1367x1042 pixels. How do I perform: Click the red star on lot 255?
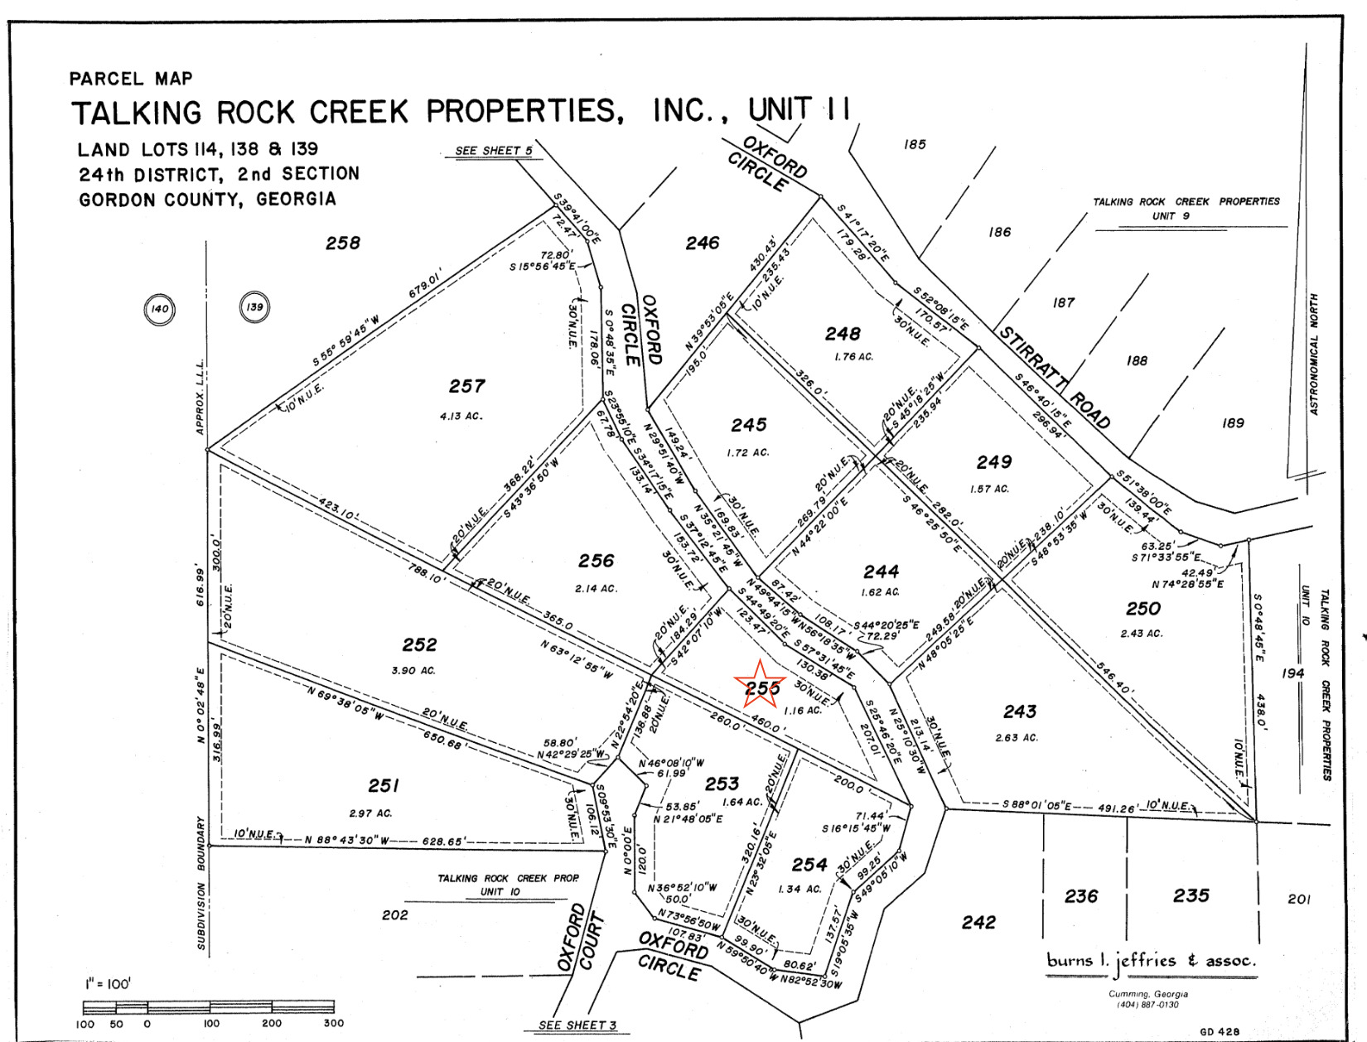click(x=759, y=685)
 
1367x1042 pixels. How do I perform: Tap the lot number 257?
click(x=466, y=386)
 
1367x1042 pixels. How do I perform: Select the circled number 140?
click(x=159, y=309)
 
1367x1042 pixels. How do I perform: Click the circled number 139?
click(x=254, y=307)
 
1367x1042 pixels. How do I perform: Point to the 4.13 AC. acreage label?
click(x=461, y=416)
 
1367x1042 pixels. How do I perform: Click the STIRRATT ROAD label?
click(x=1054, y=377)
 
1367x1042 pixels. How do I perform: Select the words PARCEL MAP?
click(x=131, y=79)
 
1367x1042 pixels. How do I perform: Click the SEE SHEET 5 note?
click(x=494, y=151)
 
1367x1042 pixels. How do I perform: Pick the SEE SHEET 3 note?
click(x=577, y=1025)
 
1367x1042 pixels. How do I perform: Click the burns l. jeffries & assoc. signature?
click(x=1151, y=961)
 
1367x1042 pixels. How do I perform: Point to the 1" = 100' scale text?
click(x=108, y=984)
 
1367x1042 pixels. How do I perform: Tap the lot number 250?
click(x=1142, y=609)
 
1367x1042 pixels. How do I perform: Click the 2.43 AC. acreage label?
click(x=1142, y=633)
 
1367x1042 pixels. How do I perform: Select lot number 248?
click(x=843, y=334)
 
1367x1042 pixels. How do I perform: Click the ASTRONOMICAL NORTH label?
click(x=1313, y=353)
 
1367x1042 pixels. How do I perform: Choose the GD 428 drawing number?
click(x=1220, y=1031)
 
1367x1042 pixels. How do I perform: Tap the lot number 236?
click(x=1081, y=896)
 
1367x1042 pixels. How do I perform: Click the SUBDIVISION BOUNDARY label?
click(x=201, y=882)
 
